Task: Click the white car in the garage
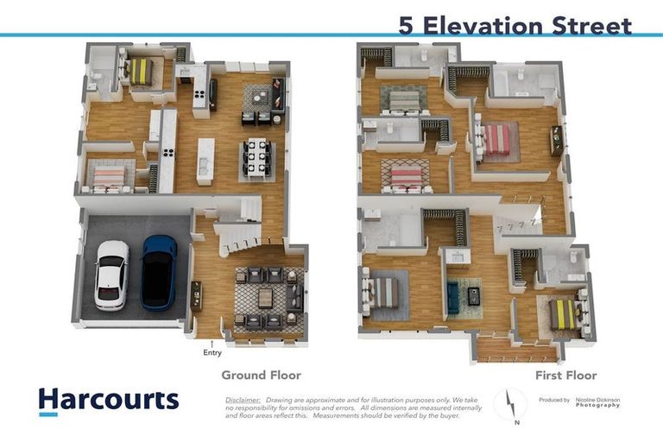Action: pos(111,275)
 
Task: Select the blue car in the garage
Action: pos(159,272)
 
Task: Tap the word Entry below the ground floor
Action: pos(212,352)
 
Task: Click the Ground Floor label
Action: pos(261,376)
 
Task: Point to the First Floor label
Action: pos(566,376)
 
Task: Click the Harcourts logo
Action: pos(108,401)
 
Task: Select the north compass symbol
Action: pos(510,405)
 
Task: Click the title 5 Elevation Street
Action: pos(515,25)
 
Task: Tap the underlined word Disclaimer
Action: pos(243,400)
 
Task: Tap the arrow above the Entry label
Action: pos(212,343)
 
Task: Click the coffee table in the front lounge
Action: pos(265,298)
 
